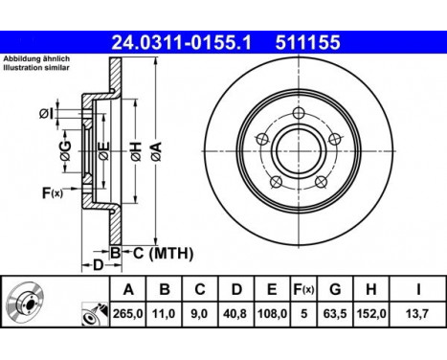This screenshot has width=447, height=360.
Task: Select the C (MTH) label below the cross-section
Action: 162,254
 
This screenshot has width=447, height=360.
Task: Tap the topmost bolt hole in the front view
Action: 300,113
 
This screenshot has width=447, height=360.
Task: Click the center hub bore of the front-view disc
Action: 299,151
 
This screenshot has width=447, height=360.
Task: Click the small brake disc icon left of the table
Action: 29,303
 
